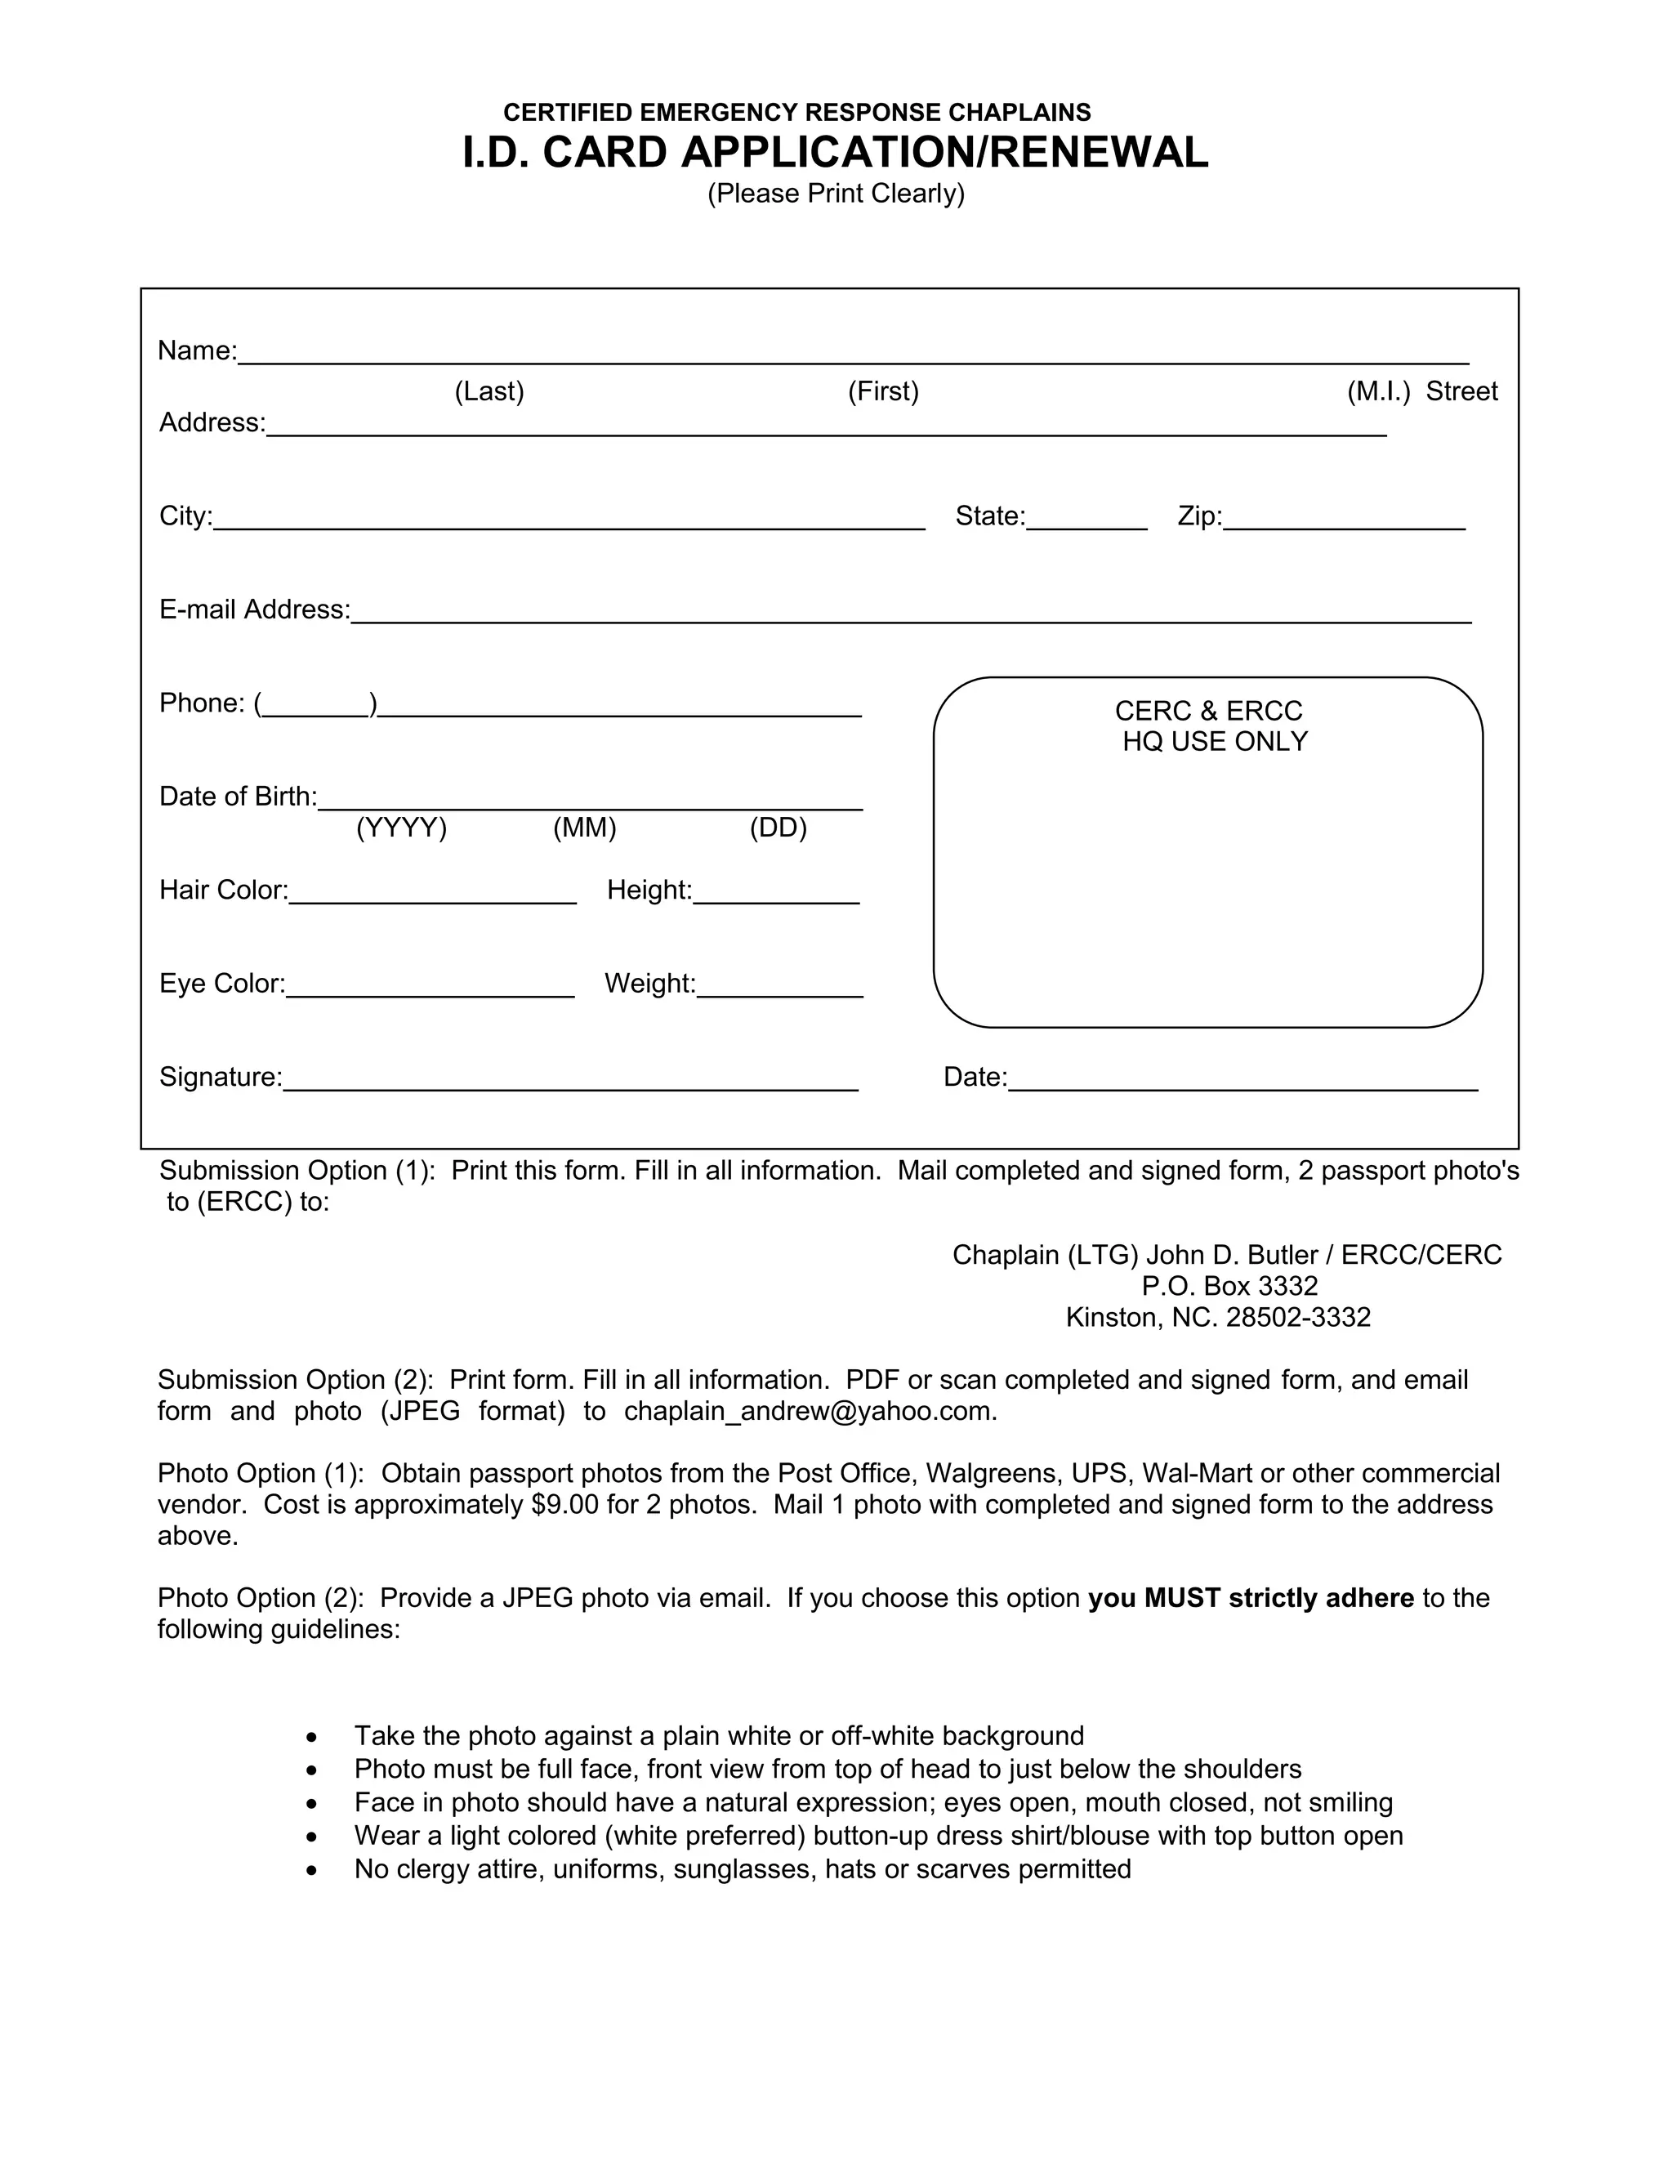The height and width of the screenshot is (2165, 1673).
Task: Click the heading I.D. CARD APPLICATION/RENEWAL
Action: [x=836, y=153]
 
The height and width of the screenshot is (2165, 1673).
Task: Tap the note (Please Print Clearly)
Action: [x=836, y=194]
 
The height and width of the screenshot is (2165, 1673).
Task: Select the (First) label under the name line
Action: [x=883, y=391]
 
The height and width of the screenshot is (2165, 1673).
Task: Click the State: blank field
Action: [x=1086, y=520]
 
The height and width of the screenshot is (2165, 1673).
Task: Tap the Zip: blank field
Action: [x=1343, y=520]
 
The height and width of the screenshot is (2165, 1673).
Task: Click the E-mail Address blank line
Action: [x=911, y=614]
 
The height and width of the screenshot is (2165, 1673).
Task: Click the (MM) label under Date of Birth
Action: [x=585, y=828]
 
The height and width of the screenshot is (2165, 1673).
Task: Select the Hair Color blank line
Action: [x=432, y=894]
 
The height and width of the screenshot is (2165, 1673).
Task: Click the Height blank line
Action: [x=776, y=894]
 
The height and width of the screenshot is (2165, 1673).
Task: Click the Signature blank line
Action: [x=570, y=1082]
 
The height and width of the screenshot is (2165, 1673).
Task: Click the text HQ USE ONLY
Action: [x=1214, y=742]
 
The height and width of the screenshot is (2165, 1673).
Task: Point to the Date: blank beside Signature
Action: [x=1242, y=1082]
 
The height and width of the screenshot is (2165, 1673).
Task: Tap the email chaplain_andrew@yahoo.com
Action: [x=809, y=1412]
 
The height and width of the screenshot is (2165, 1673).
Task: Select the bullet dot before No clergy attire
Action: [x=312, y=1871]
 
